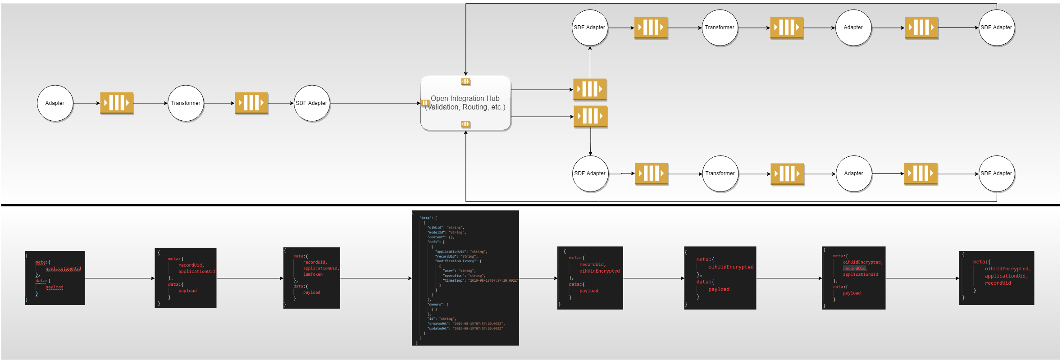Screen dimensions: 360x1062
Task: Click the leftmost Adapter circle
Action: (55, 103)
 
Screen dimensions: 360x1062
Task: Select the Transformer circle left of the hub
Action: (186, 103)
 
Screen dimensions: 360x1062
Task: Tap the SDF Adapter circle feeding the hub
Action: (312, 103)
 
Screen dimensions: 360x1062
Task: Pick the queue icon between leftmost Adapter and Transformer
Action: (117, 103)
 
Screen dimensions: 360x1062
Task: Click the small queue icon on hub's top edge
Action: (466, 82)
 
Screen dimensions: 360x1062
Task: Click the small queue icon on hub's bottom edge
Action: (466, 124)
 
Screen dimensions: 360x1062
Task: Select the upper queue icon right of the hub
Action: (590, 89)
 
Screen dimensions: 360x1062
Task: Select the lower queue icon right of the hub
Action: (590, 116)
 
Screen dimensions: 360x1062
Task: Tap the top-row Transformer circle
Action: (720, 27)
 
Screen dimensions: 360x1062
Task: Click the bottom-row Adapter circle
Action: (854, 173)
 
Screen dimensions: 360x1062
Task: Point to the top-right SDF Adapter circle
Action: (996, 27)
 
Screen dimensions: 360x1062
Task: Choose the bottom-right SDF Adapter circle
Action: (996, 173)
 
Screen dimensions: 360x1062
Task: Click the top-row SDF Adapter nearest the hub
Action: (589, 27)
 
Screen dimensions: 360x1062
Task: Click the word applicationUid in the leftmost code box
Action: (63, 269)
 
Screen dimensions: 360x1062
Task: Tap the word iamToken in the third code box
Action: (313, 274)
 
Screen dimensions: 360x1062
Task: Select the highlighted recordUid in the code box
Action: (854, 269)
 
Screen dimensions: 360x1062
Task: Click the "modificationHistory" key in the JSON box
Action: (457, 261)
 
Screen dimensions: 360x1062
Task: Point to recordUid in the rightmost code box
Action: (998, 283)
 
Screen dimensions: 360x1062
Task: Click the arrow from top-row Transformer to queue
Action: (754, 27)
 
